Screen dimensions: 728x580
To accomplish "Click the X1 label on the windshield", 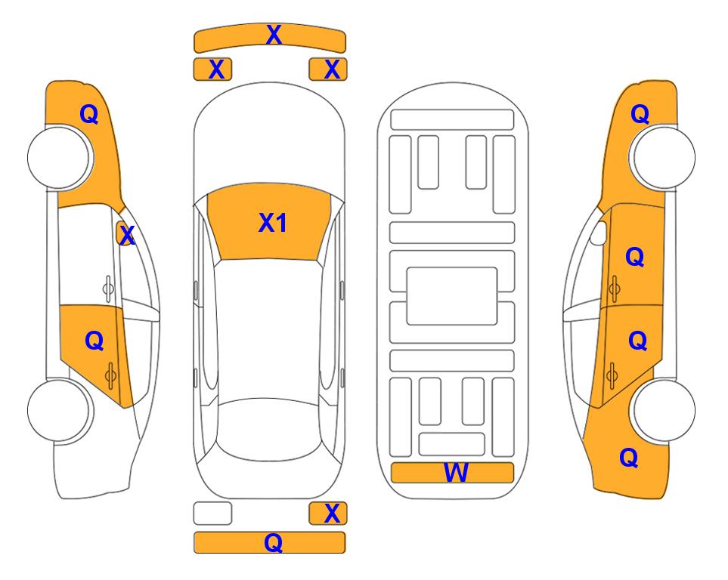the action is point(273,223).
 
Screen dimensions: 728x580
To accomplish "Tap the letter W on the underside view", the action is point(456,473).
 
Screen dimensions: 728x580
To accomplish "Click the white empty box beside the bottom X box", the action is point(212,514).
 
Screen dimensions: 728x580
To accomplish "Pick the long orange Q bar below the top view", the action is point(269,542).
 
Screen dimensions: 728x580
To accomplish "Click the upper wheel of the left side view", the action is point(59,158).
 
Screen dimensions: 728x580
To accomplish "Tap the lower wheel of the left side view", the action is point(59,410).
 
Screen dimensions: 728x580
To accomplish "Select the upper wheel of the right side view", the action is point(663,158).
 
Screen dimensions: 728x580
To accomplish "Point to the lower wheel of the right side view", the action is point(663,410).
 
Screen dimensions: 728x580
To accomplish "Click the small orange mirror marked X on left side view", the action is point(124,234).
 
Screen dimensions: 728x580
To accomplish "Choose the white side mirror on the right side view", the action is point(599,233).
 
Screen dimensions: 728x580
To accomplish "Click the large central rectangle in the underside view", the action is point(452,296).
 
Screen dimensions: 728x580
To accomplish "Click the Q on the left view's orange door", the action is point(94,341).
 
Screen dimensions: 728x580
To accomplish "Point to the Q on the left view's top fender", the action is point(89,114).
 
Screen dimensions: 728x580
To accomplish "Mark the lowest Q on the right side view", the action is point(629,458).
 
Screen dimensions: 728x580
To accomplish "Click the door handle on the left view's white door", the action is point(108,288).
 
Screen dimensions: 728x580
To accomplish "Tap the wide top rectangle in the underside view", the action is point(452,120).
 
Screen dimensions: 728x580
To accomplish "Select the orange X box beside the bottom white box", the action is point(328,514).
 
